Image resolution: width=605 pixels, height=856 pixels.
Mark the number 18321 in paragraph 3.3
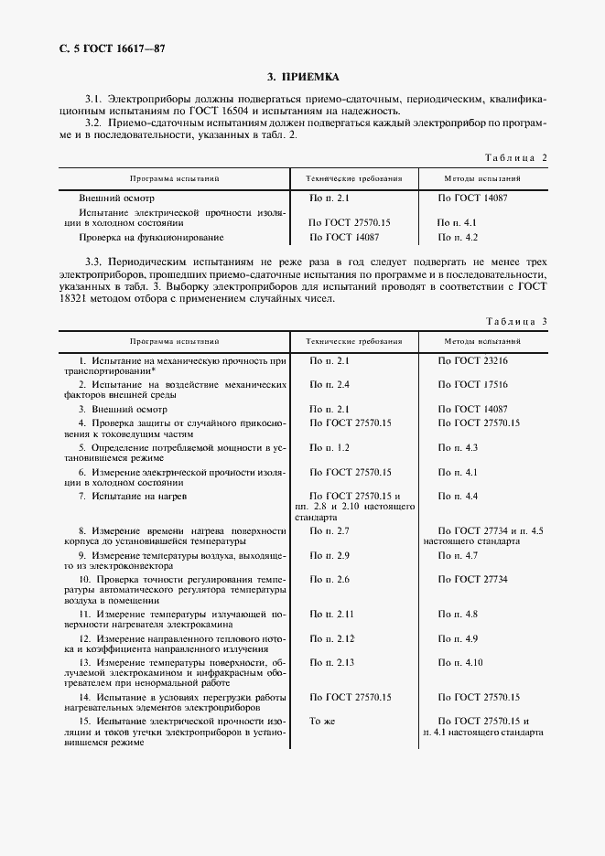pos(79,298)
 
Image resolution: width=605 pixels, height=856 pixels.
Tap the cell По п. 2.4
pos(330,384)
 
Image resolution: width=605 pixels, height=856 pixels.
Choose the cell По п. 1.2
pos(330,447)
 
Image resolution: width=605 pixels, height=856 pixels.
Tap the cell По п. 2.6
pos(330,579)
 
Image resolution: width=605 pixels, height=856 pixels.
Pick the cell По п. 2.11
pos(332,614)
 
